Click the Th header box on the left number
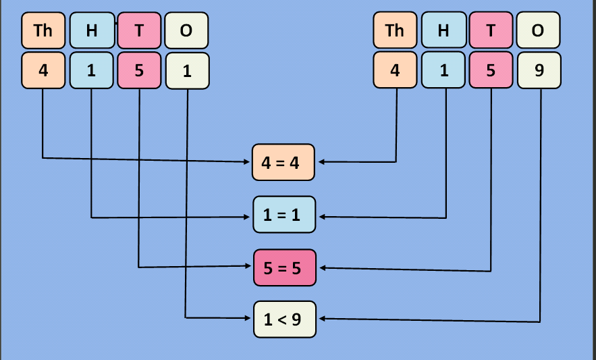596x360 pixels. (x=43, y=30)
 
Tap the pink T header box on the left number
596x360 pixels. (x=139, y=30)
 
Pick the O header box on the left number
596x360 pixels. (x=187, y=30)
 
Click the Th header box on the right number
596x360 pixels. (x=395, y=30)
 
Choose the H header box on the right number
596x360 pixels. (x=443, y=30)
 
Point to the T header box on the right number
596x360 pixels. (x=491, y=30)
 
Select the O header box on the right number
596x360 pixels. (x=539, y=30)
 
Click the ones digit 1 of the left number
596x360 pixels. (x=187, y=70)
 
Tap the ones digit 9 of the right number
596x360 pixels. (x=539, y=70)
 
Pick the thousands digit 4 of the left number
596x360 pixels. (x=43, y=70)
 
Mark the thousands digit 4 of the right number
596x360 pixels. (x=395, y=70)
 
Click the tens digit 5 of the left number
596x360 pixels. (x=139, y=70)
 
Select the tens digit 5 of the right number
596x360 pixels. (x=491, y=70)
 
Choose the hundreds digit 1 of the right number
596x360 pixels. (x=443, y=70)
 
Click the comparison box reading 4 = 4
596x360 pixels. (x=283, y=162)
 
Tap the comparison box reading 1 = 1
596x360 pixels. (x=284, y=215)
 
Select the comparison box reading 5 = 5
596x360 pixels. (x=284, y=267)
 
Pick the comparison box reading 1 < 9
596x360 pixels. (x=284, y=319)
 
